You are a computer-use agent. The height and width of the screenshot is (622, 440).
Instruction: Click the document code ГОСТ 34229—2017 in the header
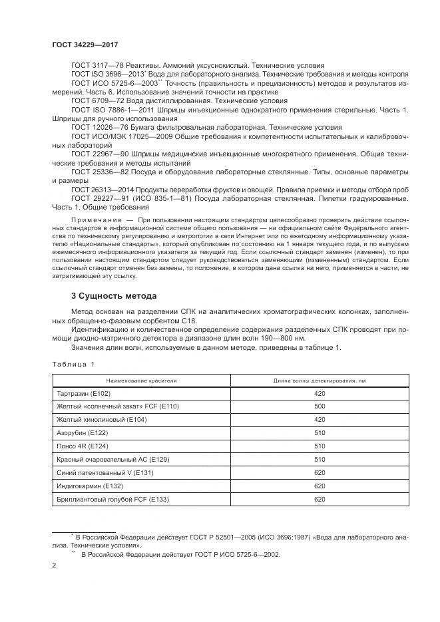click(81, 44)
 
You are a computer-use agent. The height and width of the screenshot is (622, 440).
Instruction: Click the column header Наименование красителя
click(140, 381)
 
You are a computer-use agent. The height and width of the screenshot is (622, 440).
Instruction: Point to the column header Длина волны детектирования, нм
click(319, 381)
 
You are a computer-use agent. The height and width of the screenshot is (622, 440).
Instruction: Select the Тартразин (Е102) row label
click(83, 394)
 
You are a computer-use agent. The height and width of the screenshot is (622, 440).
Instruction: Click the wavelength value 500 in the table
click(319, 406)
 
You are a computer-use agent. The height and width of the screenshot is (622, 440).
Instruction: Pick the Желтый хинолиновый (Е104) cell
click(102, 420)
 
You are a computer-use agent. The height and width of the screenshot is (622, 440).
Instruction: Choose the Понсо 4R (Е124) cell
click(81, 446)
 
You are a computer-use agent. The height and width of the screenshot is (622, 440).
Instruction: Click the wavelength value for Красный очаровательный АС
click(319, 460)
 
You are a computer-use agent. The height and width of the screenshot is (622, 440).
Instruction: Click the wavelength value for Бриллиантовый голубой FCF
click(319, 500)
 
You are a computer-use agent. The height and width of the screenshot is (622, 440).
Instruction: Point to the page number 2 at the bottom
click(54, 565)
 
